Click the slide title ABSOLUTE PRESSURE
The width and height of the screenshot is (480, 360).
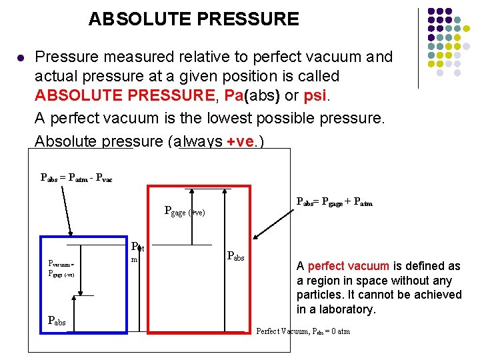(193, 19)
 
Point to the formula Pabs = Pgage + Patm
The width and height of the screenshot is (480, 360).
(334, 202)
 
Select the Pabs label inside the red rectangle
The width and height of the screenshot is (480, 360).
(236, 255)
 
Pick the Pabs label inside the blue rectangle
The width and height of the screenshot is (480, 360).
(57, 320)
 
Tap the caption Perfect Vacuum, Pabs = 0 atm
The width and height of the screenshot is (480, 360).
(303, 331)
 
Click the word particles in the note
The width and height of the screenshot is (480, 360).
(319, 295)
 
